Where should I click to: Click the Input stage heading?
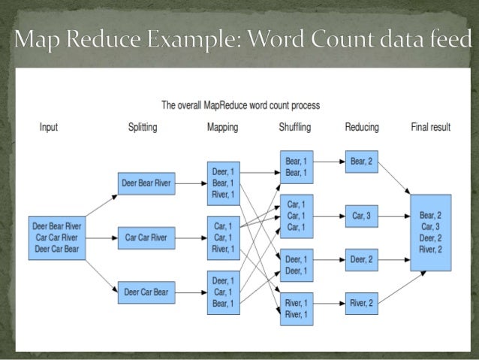click(49, 128)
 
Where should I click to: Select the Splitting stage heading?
click(143, 128)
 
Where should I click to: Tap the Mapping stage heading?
click(222, 128)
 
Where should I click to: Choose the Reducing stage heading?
click(362, 128)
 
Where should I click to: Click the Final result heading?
click(430, 128)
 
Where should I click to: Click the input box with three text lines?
click(57, 238)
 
